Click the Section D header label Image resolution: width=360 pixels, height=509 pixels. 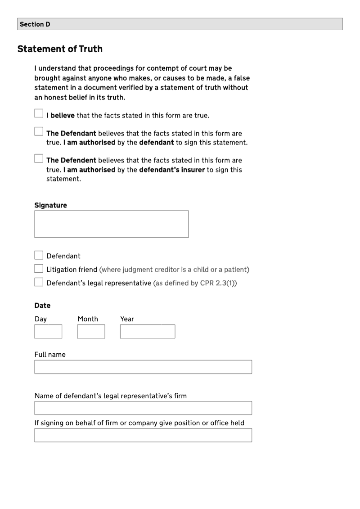click(x=35, y=24)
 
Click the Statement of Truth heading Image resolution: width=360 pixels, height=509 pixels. click(x=60, y=49)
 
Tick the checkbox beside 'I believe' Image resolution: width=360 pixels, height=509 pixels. click(x=39, y=113)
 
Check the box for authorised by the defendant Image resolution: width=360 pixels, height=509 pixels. click(x=39, y=131)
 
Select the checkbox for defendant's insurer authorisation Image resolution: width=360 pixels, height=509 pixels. click(x=39, y=158)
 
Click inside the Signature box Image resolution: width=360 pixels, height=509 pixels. click(x=111, y=224)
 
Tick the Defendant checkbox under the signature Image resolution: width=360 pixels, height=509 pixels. click(x=39, y=256)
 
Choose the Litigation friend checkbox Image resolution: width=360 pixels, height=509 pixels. click(x=39, y=269)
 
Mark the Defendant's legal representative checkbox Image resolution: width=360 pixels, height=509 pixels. click(x=39, y=283)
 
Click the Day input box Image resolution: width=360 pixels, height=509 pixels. click(x=48, y=332)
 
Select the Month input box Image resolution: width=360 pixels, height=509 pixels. click(x=91, y=332)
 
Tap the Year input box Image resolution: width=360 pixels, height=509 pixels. click(x=147, y=332)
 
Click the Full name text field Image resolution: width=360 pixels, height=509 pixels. click(x=143, y=367)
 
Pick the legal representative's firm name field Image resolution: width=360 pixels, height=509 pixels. click(x=143, y=408)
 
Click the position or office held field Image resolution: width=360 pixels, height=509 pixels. click(x=143, y=435)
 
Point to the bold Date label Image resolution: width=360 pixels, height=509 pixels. click(x=42, y=306)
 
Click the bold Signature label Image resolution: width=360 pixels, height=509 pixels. click(x=50, y=205)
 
